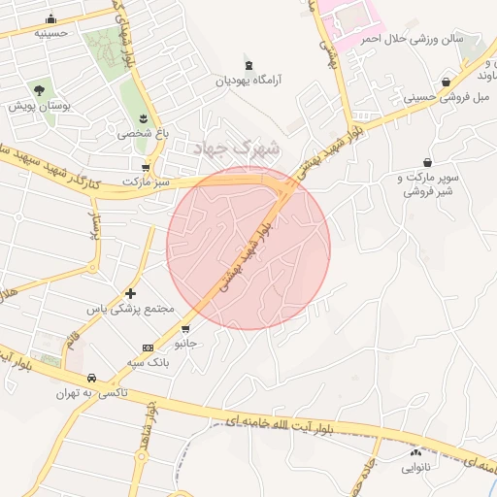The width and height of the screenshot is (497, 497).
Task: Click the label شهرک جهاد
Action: (x=236, y=149)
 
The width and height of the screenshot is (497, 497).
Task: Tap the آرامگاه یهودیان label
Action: (x=254, y=82)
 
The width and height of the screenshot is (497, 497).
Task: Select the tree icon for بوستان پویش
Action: (x=40, y=89)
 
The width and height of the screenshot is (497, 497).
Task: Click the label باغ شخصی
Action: (x=141, y=134)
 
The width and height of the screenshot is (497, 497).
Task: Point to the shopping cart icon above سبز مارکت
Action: (x=146, y=166)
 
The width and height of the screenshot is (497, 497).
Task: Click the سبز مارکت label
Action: (x=146, y=182)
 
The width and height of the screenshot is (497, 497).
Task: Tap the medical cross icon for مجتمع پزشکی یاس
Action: (x=131, y=293)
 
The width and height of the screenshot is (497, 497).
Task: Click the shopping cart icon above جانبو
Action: (x=185, y=328)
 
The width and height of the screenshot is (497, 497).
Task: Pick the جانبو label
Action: (x=185, y=344)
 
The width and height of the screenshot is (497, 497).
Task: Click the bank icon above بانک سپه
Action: (x=148, y=348)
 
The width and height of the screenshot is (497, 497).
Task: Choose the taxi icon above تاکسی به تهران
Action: (x=91, y=378)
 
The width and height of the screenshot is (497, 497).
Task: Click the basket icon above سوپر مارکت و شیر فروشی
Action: (x=427, y=162)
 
